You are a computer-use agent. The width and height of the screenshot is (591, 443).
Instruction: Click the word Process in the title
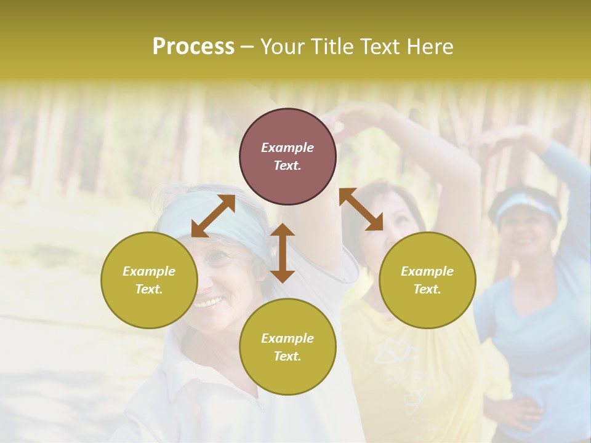pos(193,47)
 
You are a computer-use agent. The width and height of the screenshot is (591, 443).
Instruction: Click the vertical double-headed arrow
pos(283,253)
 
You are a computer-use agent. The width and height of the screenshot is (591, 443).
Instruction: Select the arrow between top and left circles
pos(213,216)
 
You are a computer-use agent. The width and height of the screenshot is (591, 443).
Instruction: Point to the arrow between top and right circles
pos(361,209)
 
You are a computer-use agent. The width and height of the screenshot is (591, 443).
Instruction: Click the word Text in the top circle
pos(287,166)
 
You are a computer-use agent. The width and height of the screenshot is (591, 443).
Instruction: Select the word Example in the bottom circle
pos(287,338)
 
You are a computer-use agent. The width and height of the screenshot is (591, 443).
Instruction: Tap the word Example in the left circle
pos(149,271)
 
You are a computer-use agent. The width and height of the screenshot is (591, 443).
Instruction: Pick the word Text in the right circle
pos(427,289)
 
